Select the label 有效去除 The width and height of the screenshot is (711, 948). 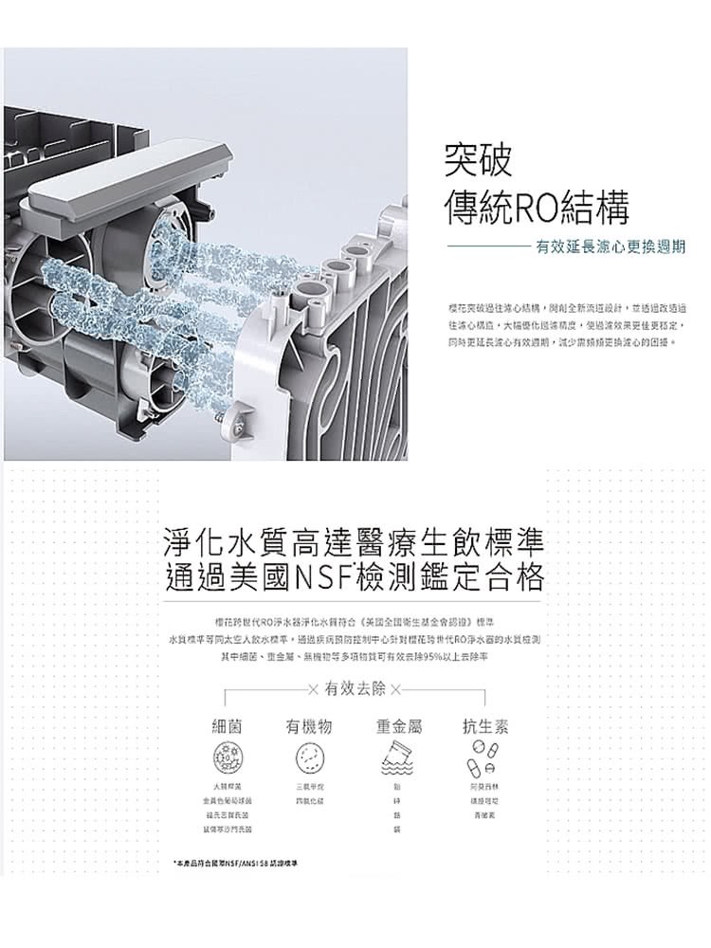click(x=355, y=687)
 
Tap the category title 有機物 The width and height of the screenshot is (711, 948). click(x=309, y=726)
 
